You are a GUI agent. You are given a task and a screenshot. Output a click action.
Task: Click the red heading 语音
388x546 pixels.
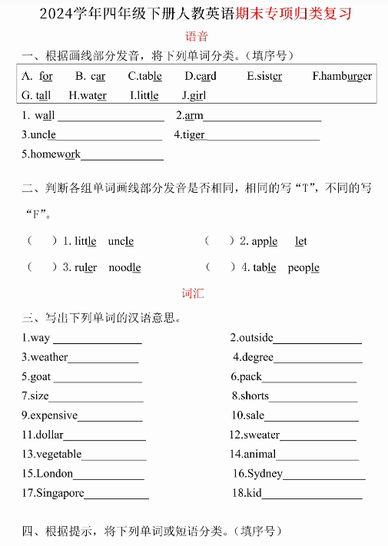[x=197, y=36]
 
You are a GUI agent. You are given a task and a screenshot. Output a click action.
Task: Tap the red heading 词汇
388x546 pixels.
[x=193, y=293]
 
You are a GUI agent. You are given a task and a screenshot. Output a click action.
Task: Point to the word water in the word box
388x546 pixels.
[x=91, y=96]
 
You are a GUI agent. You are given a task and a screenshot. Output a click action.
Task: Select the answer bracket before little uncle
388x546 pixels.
[x=42, y=241]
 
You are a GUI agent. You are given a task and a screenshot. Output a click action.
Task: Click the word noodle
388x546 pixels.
[x=124, y=268]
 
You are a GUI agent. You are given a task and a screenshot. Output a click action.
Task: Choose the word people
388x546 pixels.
[x=303, y=268]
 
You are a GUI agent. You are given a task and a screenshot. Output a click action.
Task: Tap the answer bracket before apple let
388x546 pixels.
[x=219, y=241]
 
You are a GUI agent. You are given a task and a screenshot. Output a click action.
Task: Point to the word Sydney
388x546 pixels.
[x=266, y=473]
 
